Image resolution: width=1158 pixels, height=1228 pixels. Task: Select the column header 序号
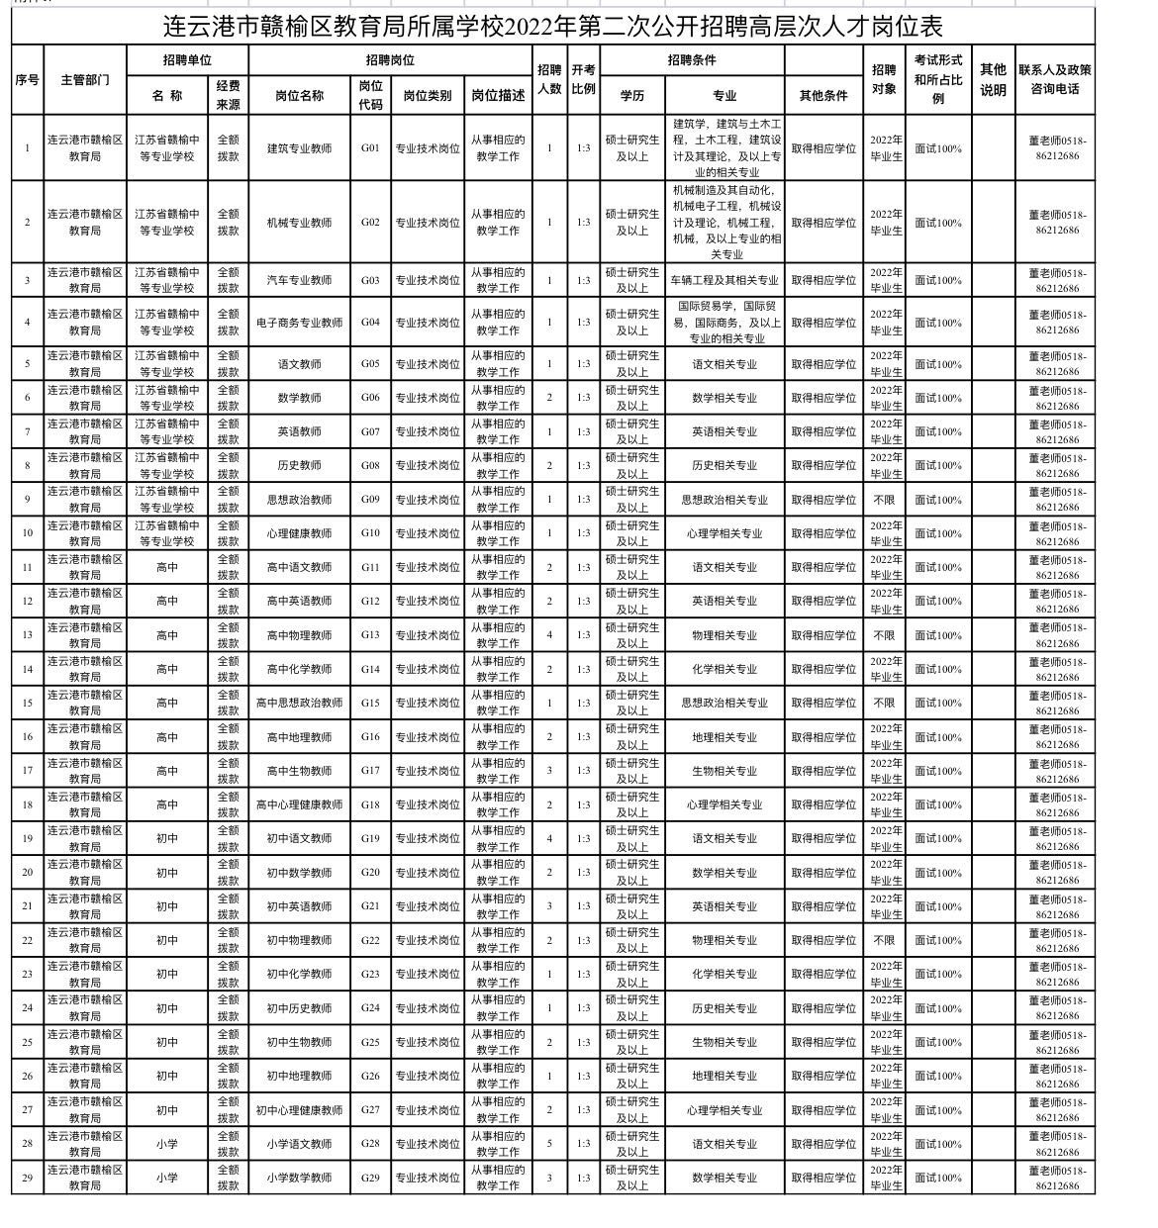pyautogui.click(x=27, y=78)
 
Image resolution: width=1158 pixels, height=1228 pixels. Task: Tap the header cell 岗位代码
pyautogui.click(x=370, y=95)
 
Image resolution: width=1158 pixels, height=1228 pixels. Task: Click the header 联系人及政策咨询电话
pyautogui.click(x=1055, y=78)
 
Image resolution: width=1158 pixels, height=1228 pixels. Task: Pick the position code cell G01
pyautogui.click(x=370, y=148)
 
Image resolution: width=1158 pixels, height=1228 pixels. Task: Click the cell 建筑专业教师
pyautogui.click(x=299, y=148)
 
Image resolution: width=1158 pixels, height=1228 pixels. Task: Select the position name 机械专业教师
pyautogui.click(x=299, y=223)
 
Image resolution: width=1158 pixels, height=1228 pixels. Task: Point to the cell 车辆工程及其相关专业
pyautogui.click(x=724, y=280)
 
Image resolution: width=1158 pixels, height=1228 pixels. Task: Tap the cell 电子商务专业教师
pyautogui.click(x=299, y=323)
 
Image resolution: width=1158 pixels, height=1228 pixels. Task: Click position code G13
pyautogui.click(x=370, y=635)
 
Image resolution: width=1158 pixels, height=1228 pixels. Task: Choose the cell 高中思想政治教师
pyautogui.click(x=299, y=703)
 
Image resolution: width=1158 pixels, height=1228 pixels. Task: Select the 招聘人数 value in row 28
pyautogui.click(x=549, y=1144)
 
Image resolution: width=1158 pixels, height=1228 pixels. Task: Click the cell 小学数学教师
pyautogui.click(x=299, y=1178)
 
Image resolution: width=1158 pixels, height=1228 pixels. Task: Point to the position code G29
pyautogui.click(x=370, y=1178)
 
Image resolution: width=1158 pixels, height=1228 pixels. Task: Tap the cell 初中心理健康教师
pyautogui.click(x=299, y=1110)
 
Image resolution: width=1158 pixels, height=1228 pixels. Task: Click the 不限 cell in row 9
pyautogui.click(x=884, y=500)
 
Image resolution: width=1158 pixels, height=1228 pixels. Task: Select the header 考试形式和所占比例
pyautogui.click(x=937, y=78)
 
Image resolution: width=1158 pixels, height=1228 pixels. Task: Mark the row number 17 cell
pyautogui.click(x=27, y=771)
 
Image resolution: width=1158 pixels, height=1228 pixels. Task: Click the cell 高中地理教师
pyautogui.click(x=299, y=737)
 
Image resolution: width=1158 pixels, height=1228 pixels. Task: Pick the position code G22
pyautogui.click(x=370, y=940)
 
